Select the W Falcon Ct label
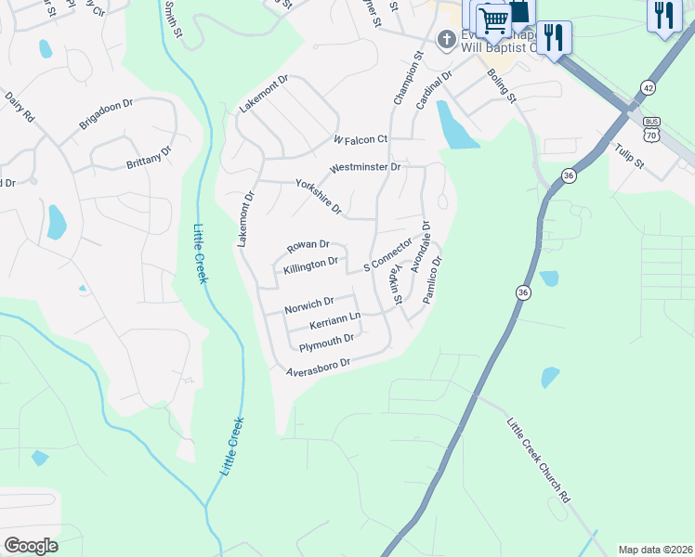(360, 139)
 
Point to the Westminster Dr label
(364, 168)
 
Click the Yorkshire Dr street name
(319, 196)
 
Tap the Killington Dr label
(309, 265)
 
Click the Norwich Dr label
(309, 304)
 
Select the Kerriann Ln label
(334, 321)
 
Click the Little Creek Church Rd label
(538, 460)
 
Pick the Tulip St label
(628, 155)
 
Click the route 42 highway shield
(646, 87)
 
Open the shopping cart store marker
(494, 19)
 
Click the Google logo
(31, 546)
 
